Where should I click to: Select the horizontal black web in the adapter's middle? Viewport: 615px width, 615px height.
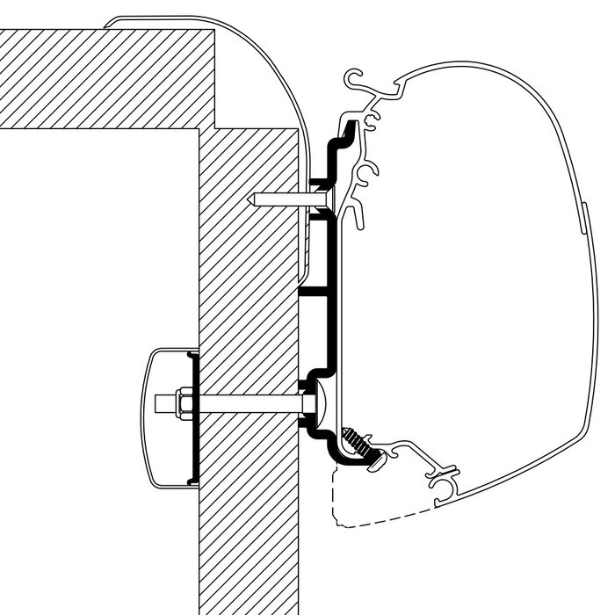point(320,289)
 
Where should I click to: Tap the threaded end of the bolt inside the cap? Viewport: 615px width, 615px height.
point(164,403)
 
